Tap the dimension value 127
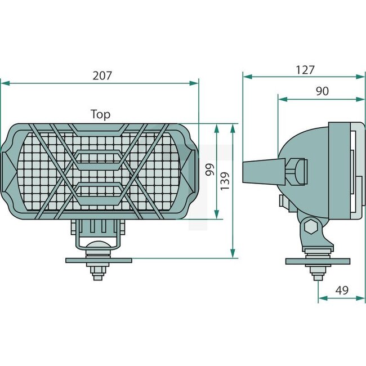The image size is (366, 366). pyautogui.click(x=305, y=70)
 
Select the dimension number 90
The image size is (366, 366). pyautogui.click(x=322, y=91)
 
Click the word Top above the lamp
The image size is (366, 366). pyautogui.click(x=100, y=114)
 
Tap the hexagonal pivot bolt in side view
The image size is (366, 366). pyautogui.click(x=309, y=227)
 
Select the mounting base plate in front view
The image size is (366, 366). pyautogui.click(x=99, y=260)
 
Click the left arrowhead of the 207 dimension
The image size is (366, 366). pyautogui.click(x=5, y=83)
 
